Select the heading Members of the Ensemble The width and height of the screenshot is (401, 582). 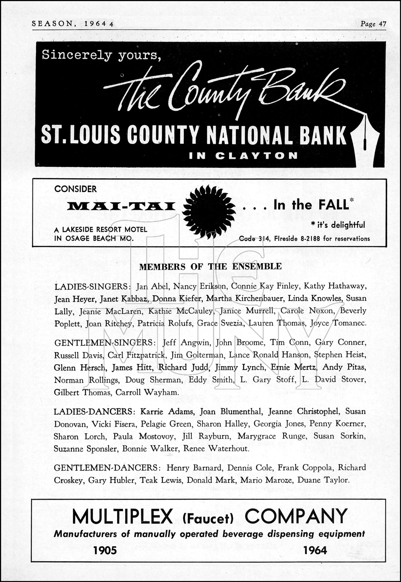tap(210, 267)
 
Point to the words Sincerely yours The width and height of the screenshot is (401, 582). tap(101, 55)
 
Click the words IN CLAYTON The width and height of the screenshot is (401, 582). tap(243, 156)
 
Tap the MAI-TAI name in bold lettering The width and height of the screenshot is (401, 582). tap(121, 207)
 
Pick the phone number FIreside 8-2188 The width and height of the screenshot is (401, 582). tap(292, 239)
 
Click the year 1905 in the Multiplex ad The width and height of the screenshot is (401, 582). tap(105, 550)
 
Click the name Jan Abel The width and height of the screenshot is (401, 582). tap(149, 286)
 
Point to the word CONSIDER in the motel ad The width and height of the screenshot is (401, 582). tap(75, 189)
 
